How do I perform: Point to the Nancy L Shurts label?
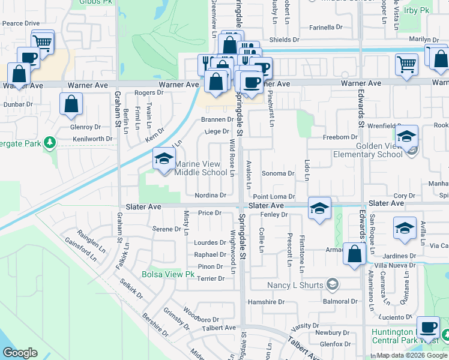coord(295,284)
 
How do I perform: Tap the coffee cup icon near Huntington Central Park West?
coord(428,328)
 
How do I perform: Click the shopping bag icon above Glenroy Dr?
coord(71,104)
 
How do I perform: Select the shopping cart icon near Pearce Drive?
coord(42,43)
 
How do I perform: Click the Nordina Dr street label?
coord(210,196)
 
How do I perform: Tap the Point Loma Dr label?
coord(274,196)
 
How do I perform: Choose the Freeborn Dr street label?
coord(340,137)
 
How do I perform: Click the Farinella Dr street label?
coord(325,28)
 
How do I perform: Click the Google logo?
coord(20,353)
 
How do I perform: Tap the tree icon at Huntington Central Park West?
coord(445,333)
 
